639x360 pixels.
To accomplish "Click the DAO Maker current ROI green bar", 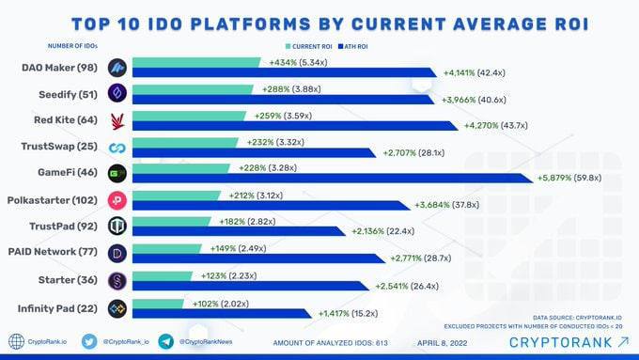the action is (196, 62).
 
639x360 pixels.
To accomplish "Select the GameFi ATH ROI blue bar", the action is (333, 179).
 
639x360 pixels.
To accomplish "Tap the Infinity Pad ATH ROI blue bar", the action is (222, 314).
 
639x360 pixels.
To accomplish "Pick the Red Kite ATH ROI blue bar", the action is (295, 126).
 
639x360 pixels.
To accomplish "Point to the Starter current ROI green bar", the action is (163, 276).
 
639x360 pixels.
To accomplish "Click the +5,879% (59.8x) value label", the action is (569, 178).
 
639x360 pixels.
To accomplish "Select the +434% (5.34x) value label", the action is (298, 62).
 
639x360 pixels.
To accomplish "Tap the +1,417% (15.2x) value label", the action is (348, 314).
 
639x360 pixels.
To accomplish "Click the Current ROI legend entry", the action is (309, 46).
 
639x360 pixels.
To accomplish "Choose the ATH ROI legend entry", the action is (353, 46).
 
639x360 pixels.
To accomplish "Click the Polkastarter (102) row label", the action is (53, 200).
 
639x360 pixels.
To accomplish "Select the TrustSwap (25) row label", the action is (59, 146).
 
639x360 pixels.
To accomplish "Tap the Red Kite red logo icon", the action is (117, 121).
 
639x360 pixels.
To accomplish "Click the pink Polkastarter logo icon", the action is (117, 200).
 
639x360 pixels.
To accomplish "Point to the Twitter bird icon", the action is (89, 341).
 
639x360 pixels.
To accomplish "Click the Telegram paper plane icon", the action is (166, 341).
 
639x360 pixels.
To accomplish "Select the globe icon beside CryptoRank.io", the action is (16, 341).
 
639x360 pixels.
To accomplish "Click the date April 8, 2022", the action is (443, 343).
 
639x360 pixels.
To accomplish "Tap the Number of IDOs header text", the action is (72, 46).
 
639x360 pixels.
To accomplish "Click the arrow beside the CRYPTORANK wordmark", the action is (624, 342).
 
